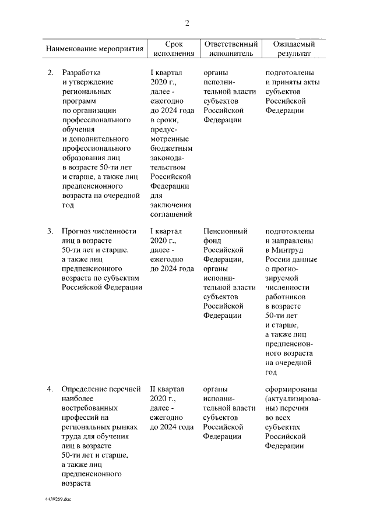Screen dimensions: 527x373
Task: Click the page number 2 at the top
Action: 187,23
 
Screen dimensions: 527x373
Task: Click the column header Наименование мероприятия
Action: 94,49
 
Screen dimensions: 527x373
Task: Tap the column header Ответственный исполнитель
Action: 229,49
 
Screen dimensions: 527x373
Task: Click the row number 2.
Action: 50,73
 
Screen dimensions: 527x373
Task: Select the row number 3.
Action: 50,231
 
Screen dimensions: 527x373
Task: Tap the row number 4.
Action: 50,389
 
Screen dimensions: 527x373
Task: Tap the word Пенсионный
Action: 226,231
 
